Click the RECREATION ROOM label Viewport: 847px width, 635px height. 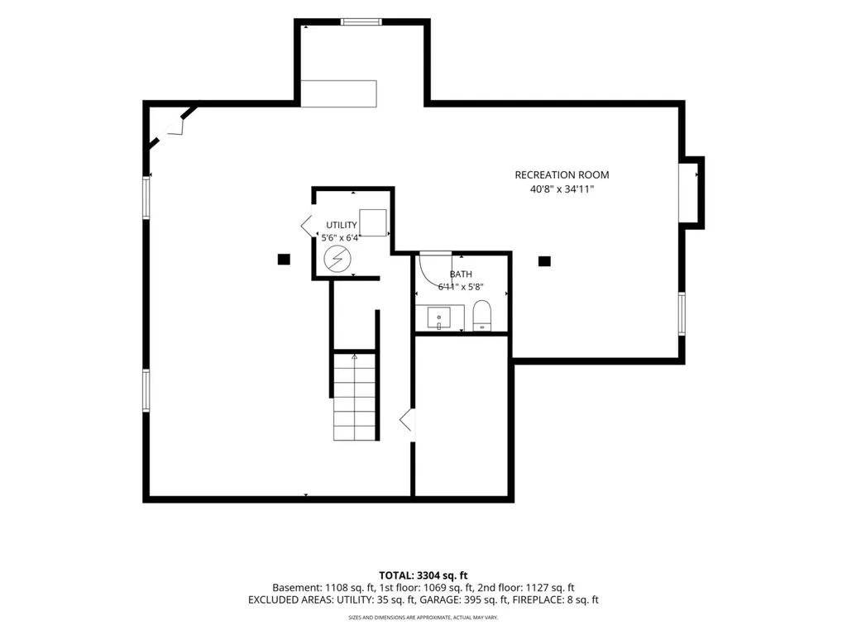[562, 175]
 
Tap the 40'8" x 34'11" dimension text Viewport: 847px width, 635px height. [562, 189]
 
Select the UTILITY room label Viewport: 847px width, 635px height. [342, 225]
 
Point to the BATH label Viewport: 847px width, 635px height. [461, 275]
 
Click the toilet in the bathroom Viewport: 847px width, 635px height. [482, 316]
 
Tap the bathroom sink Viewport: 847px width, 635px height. [438, 318]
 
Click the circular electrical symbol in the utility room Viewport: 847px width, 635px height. [337, 259]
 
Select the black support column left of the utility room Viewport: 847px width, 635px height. [284, 259]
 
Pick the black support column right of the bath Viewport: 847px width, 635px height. [544, 261]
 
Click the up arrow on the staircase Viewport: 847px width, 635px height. [354, 357]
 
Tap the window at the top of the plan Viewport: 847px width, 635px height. [361, 22]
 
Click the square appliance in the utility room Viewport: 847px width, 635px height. [373, 222]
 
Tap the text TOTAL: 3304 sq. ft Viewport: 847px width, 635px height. [423, 575]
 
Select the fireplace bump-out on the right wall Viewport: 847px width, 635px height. [692, 193]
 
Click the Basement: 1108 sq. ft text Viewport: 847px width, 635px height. [323, 588]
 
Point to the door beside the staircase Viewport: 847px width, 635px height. [407, 420]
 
